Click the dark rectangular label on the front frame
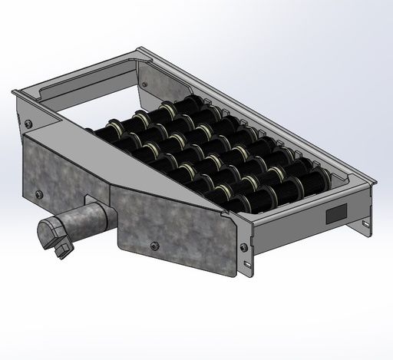click(x=336, y=214)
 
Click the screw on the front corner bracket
click(x=244, y=247)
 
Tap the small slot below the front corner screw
click(x=247, y=266)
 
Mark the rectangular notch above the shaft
click(x=102, y=197)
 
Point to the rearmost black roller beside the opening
click(x=146, y=123)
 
